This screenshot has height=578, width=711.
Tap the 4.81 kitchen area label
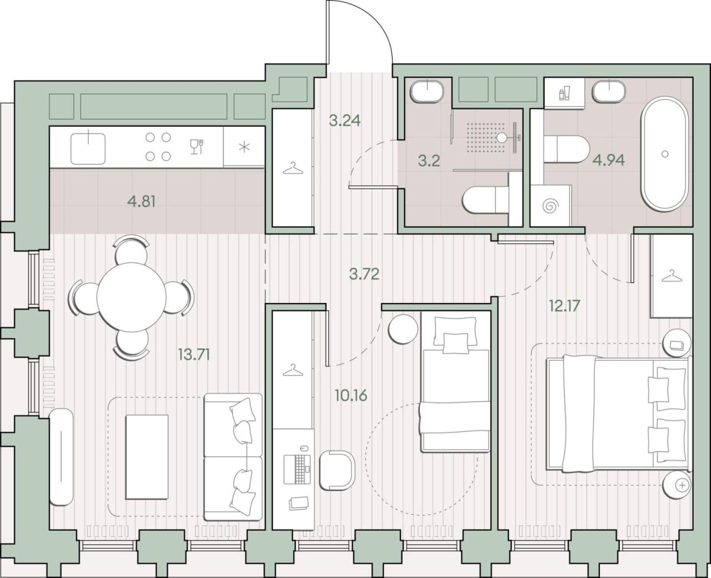pyautogui.click(x=142, y=202)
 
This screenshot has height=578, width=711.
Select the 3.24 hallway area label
pyautogui.click(x=345, y=121)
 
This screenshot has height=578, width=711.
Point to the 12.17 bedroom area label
pyautogui.click(x=565, y=306)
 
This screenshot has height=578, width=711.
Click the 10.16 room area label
pyautogui.click(x=351, y=395)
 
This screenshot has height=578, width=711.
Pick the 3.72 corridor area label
pyautogui.click(x=364, y=275)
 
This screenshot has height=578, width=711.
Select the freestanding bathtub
pyautogui.click(x=665, y=154)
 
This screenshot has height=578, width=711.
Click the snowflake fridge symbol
pyautogui.click(x=244, y=147)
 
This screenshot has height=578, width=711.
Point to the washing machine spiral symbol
pyautogui.click(x=550, y=206)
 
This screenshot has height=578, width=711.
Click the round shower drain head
pyautogui.click(x=502, y=137)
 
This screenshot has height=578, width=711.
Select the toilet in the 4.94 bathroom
pyautogui.click(x=567, y=149)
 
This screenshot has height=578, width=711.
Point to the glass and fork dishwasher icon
pyautogui.click(x=197, y=147)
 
